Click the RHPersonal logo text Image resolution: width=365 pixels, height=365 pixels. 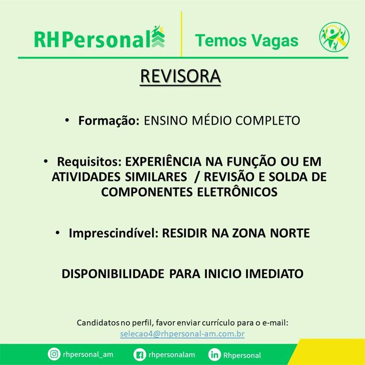click(92, 39)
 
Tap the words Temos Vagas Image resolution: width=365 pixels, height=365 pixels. click(246, 40)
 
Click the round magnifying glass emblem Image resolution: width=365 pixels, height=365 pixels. click(334, 37)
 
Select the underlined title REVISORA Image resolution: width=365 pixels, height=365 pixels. click(180, 76)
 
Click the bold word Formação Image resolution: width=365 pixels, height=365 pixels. click(109, 121)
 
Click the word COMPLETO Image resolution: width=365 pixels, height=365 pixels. click(267, 121)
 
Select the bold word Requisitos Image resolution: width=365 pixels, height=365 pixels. click(89, 162)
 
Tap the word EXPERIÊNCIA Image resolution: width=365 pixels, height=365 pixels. click(163, 162)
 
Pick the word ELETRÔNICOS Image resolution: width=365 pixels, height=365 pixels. click(237, 192)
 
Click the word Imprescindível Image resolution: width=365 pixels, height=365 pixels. click(114, 233)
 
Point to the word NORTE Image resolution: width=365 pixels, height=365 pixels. click(290, 233)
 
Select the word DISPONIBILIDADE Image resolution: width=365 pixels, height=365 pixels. click(113, 274)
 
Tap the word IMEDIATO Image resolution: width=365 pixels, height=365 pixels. click(274, 274)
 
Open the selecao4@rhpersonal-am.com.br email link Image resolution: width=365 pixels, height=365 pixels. click(182, 334)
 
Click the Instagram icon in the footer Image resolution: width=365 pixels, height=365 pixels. click(54, 354)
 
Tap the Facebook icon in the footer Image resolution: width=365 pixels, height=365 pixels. click(140, 355)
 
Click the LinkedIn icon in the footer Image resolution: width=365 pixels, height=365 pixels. click(214, 355)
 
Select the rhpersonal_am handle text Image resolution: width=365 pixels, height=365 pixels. click(88, 355)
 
